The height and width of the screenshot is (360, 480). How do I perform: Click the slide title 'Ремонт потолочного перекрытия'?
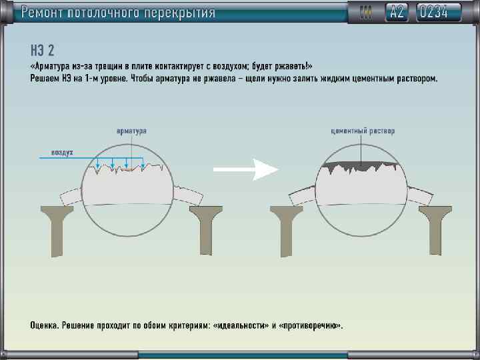tap(118, 12)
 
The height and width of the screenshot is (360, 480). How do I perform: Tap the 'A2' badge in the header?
tap(397, 12)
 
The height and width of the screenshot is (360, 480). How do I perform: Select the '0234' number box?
tap(440, 12)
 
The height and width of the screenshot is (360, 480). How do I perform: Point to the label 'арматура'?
tap(131, 131)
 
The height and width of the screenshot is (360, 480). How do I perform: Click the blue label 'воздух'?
tap(62, 153)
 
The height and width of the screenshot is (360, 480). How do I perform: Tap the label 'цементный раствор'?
tap(363, 131)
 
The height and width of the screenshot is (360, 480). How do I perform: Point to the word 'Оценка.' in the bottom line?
tap(45, 326)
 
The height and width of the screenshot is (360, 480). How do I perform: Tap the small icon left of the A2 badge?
tap(365, 12)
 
